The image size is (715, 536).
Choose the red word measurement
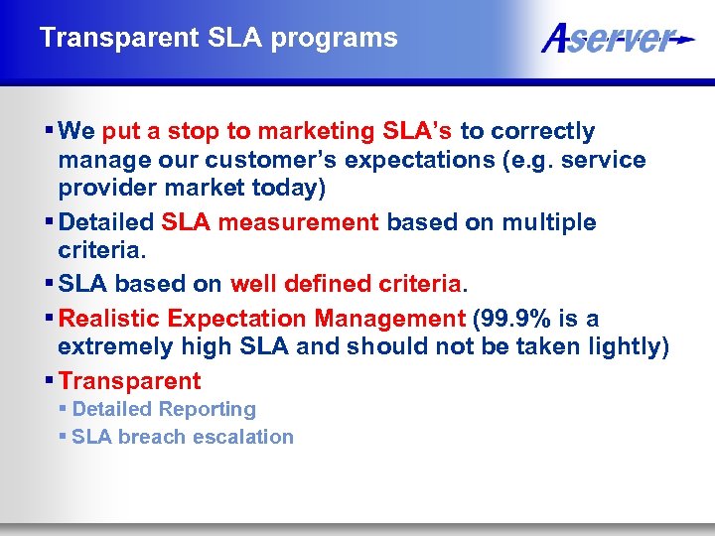(298, 222)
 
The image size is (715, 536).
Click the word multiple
(549, 222)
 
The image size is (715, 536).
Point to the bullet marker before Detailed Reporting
(64, 409)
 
